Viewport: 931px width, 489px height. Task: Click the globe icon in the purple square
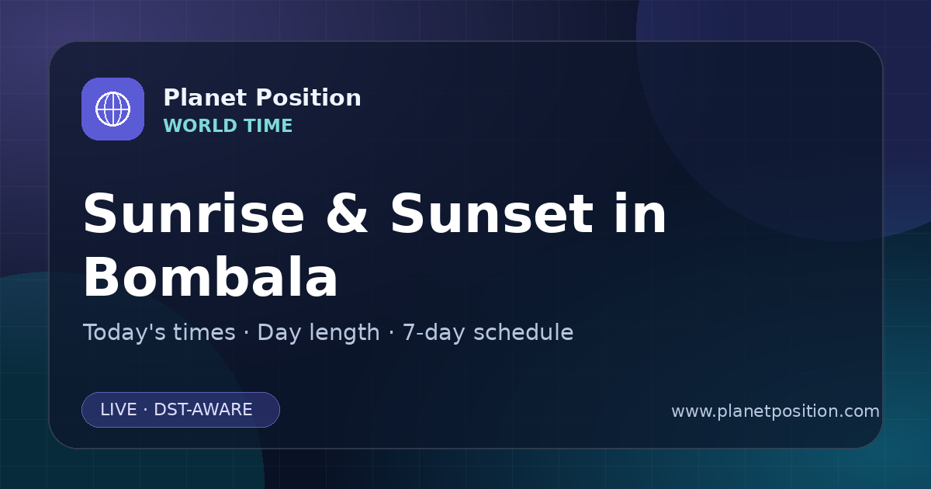[x=112, y=109]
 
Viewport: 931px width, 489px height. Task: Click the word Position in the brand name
[x=309, y=98]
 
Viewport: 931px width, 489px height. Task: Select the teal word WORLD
[x=199, y=126]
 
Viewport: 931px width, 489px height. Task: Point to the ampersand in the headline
[x=347, y=213]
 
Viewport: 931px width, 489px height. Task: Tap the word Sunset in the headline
[x=492, y=213]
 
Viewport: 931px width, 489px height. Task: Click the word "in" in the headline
[x=641, y=213]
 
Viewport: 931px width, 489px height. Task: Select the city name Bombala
[x=211, y=276]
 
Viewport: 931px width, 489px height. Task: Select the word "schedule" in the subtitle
[x=523, y=333]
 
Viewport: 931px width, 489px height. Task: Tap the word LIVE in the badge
[x=119, y=410]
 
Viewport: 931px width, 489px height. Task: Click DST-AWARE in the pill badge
[x=202, y=410]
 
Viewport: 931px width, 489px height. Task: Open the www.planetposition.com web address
[x=776, y=411]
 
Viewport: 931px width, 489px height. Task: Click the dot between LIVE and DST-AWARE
[x=146, y=410]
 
